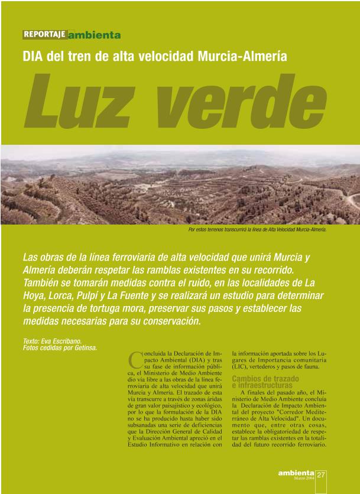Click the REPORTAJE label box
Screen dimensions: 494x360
coord(45,34)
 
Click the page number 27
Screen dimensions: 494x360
coord(321,474)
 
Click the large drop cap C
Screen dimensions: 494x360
coord(135,359)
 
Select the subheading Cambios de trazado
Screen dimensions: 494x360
coord(265,378)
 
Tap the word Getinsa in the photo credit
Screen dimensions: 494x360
coord(85,347)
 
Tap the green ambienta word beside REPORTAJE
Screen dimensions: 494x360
coord(95,35)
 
